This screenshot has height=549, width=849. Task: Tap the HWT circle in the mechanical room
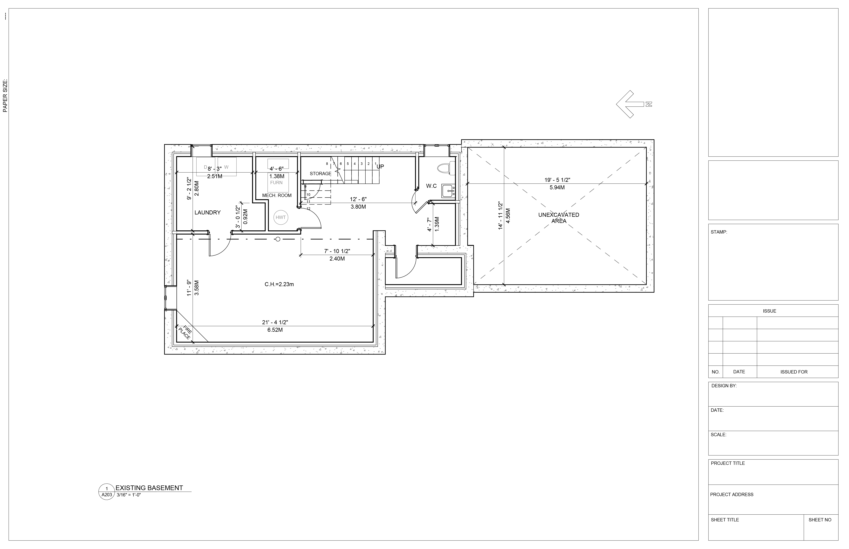281,217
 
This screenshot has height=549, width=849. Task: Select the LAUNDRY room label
208,212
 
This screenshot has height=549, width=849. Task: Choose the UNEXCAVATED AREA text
559,218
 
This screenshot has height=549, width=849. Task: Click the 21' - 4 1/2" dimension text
275,322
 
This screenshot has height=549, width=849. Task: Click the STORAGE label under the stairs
320,174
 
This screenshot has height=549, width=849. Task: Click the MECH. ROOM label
277,195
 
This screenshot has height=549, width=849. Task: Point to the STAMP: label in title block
719,232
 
